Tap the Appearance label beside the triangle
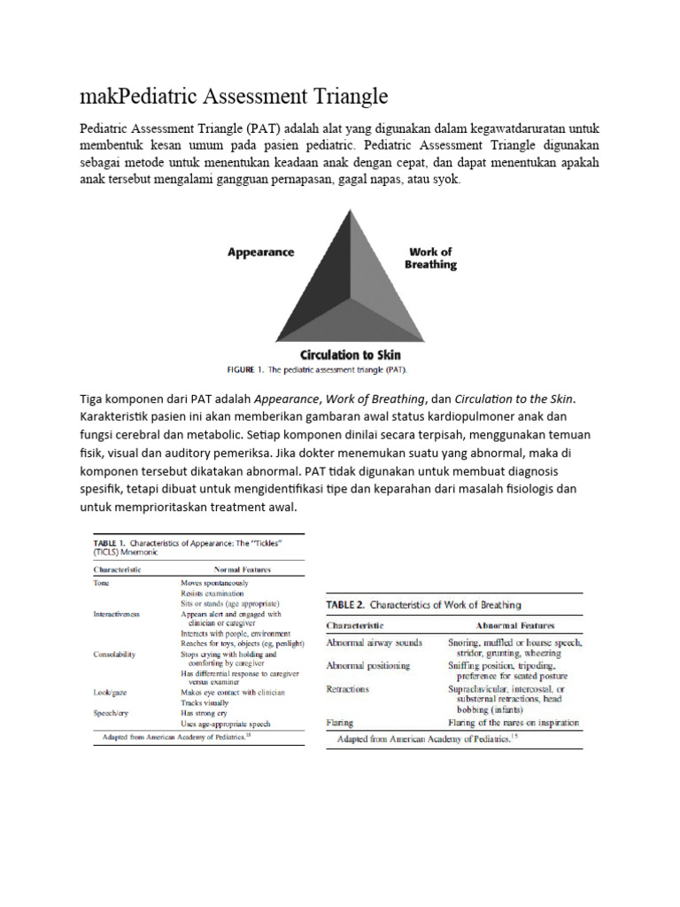pos(260,252)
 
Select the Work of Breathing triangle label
pos(430,258)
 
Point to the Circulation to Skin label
pos(351,354)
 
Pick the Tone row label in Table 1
pos(102,584)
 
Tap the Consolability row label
pos(115,655)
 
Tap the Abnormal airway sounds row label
pos(375,642)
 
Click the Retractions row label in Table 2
pos(348,689)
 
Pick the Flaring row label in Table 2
pos(341,723)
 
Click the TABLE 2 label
pos(346,605)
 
